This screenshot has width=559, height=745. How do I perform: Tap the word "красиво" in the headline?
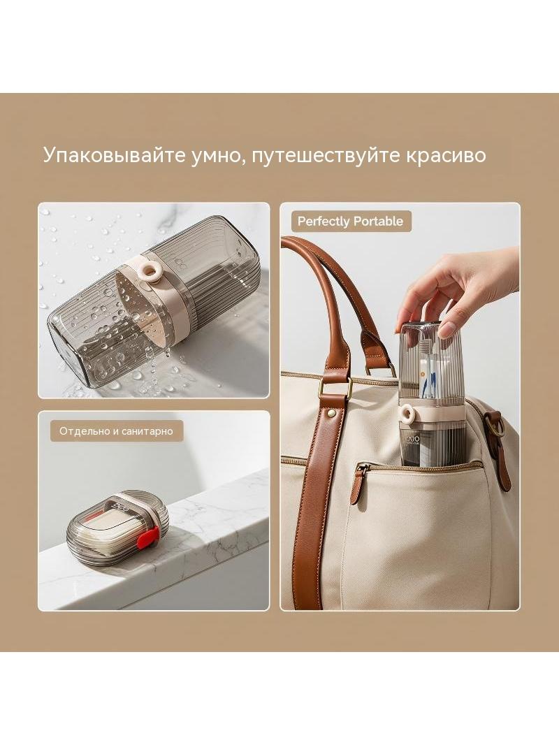tap(446, 155)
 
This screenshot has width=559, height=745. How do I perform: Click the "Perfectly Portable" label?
tap(350, 222)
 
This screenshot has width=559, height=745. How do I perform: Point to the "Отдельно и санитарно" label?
tap(116, 431)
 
